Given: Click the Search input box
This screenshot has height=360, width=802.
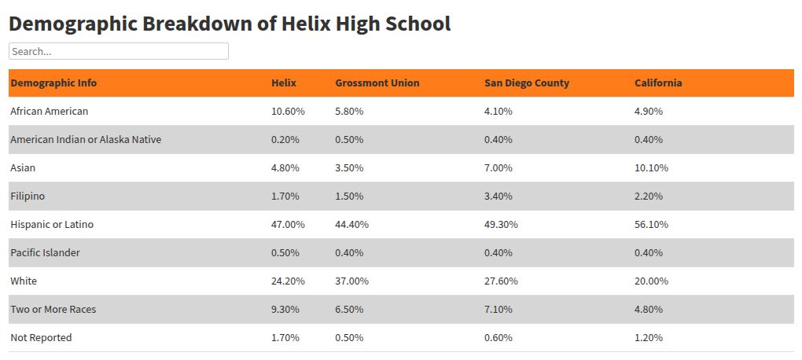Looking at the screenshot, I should (118, 51).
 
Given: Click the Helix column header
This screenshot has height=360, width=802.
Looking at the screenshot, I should (284, 83).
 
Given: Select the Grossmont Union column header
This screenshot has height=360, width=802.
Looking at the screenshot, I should (377, 83).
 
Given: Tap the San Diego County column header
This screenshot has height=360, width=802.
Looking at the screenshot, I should (526, 83).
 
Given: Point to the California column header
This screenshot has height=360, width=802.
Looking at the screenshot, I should (658, 83).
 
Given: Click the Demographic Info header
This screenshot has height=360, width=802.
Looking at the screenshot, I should (53, 83).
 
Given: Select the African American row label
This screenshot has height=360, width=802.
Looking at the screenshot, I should (49, 112).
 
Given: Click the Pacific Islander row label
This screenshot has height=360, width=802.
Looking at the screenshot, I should (45, 253).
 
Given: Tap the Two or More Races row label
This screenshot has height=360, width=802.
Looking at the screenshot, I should (53, 310).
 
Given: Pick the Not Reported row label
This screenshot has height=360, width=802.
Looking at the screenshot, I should (41, 338).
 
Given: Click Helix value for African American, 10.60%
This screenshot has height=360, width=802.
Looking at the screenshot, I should (288, 112).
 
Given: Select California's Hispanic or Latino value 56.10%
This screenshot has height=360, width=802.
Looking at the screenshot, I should (651, 225).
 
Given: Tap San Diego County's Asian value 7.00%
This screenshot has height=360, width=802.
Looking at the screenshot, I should (498, 168).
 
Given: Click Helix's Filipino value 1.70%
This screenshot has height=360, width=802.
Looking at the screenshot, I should (285, 197).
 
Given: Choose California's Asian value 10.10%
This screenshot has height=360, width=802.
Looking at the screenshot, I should (651, 168).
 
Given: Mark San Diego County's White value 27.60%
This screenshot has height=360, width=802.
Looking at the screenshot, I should (501, 281).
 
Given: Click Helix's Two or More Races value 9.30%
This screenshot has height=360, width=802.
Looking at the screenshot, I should (285, 310).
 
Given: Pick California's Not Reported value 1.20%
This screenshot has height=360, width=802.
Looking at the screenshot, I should (649, 338).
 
